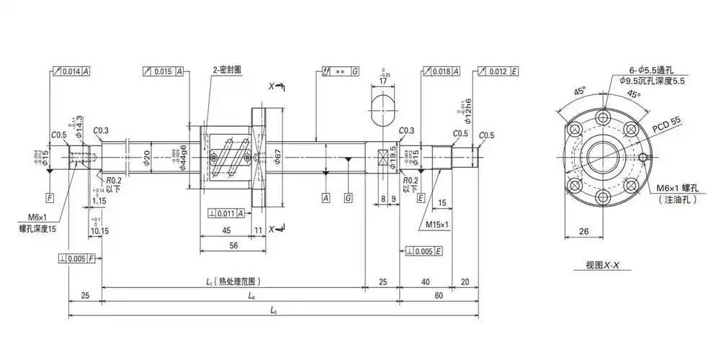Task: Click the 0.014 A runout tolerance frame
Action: point(71,72)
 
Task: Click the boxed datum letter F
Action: point(50,197)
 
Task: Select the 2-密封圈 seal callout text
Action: point(227,71)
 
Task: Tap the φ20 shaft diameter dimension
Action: point(146,157)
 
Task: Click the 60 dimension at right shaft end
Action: point(439,294)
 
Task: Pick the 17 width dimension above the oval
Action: point(382,82)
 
